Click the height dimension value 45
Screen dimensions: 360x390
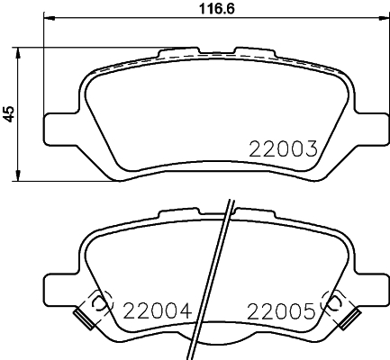point(9,113)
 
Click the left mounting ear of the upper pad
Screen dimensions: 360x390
point(60,125)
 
